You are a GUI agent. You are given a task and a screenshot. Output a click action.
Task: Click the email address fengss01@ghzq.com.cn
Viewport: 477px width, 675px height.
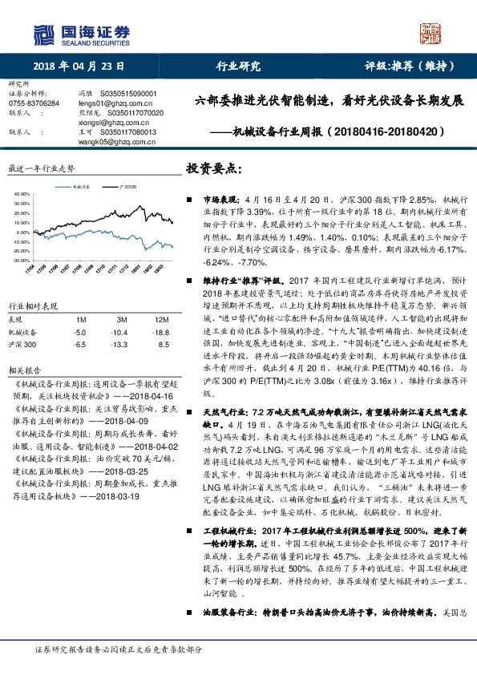(x=109, y=103)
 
